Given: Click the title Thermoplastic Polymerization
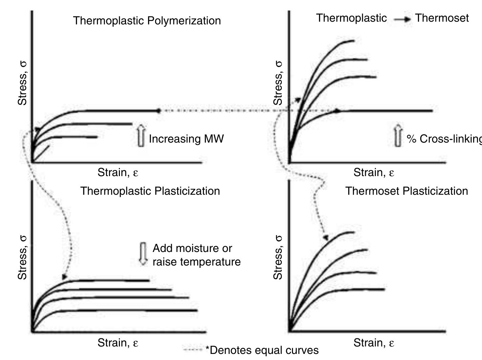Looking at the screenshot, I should pyautogui.click(x=147, y=21).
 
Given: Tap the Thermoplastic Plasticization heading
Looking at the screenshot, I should pyautogui.click(x=150, y=191).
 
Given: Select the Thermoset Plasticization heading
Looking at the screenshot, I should pyautogui.click(x=406, y=191).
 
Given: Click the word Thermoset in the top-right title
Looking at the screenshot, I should pyautogui.click(x=442, y=18).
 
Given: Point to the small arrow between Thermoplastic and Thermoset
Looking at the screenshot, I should pyautogui.click(x=402, y=19).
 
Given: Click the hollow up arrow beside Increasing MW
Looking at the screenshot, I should pyautogui.click(x=141, y=136).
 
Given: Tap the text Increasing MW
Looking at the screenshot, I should pyautogui.click(x=186, y=139).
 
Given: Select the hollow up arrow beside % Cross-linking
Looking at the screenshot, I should pyautogui.click(x=398, y=136).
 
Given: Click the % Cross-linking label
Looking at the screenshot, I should pyautogui.click(x=444, y=139).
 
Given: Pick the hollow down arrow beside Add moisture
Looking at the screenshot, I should pyautogui.click(x=143, y=254).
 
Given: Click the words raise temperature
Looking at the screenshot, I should pyautogui.click(x=196, y=262).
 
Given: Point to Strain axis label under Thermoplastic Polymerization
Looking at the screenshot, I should pyautogui.click(x=118, y=173).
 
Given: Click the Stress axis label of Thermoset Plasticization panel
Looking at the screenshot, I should pyautogui.click(x=278, y=257).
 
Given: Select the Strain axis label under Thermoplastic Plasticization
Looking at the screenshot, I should pyautogui.click(x=118, y=343).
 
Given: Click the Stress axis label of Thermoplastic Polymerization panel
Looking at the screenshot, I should pyautogui.click(x=22, y=83).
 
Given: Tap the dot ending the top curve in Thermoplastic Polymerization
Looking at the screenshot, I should pyautogui.click(x=158, y=111).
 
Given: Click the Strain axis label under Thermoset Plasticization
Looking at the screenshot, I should pyautogui.click(x=374, y=343).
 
